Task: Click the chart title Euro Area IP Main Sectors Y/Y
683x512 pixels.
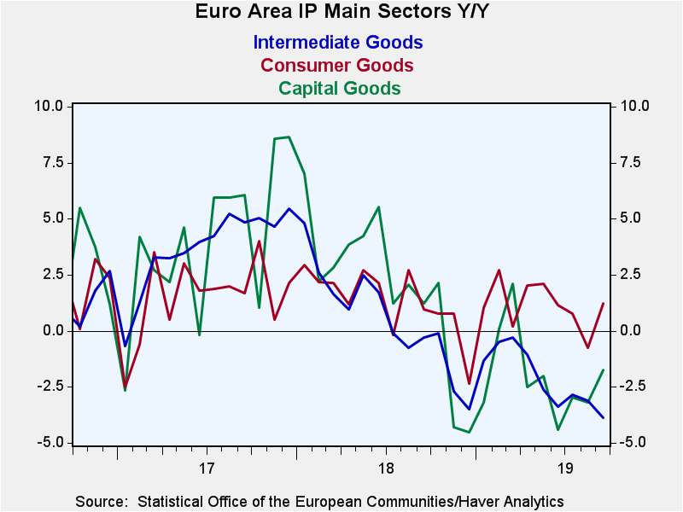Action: (x=341, y=12)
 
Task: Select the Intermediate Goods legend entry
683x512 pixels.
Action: (x=338, y=42)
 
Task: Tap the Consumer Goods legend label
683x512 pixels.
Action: (x=337, y=65)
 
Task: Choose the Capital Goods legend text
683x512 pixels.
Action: (x=340, y=88)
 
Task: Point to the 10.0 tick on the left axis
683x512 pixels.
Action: (x=48, y=106)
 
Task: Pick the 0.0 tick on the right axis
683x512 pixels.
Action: (x=632, y=330)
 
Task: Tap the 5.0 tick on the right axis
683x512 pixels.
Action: (x=632, y=218)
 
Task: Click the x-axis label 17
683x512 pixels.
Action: (x=206, y=468)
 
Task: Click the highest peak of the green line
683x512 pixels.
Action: (x=289, y=137)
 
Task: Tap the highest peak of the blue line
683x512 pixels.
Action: (x=289, y=208)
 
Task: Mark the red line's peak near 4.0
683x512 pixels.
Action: (x=259, y=241)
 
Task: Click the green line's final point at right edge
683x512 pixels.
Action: (x=604, y=369)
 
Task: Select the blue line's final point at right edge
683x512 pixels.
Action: (x=604, y=417)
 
